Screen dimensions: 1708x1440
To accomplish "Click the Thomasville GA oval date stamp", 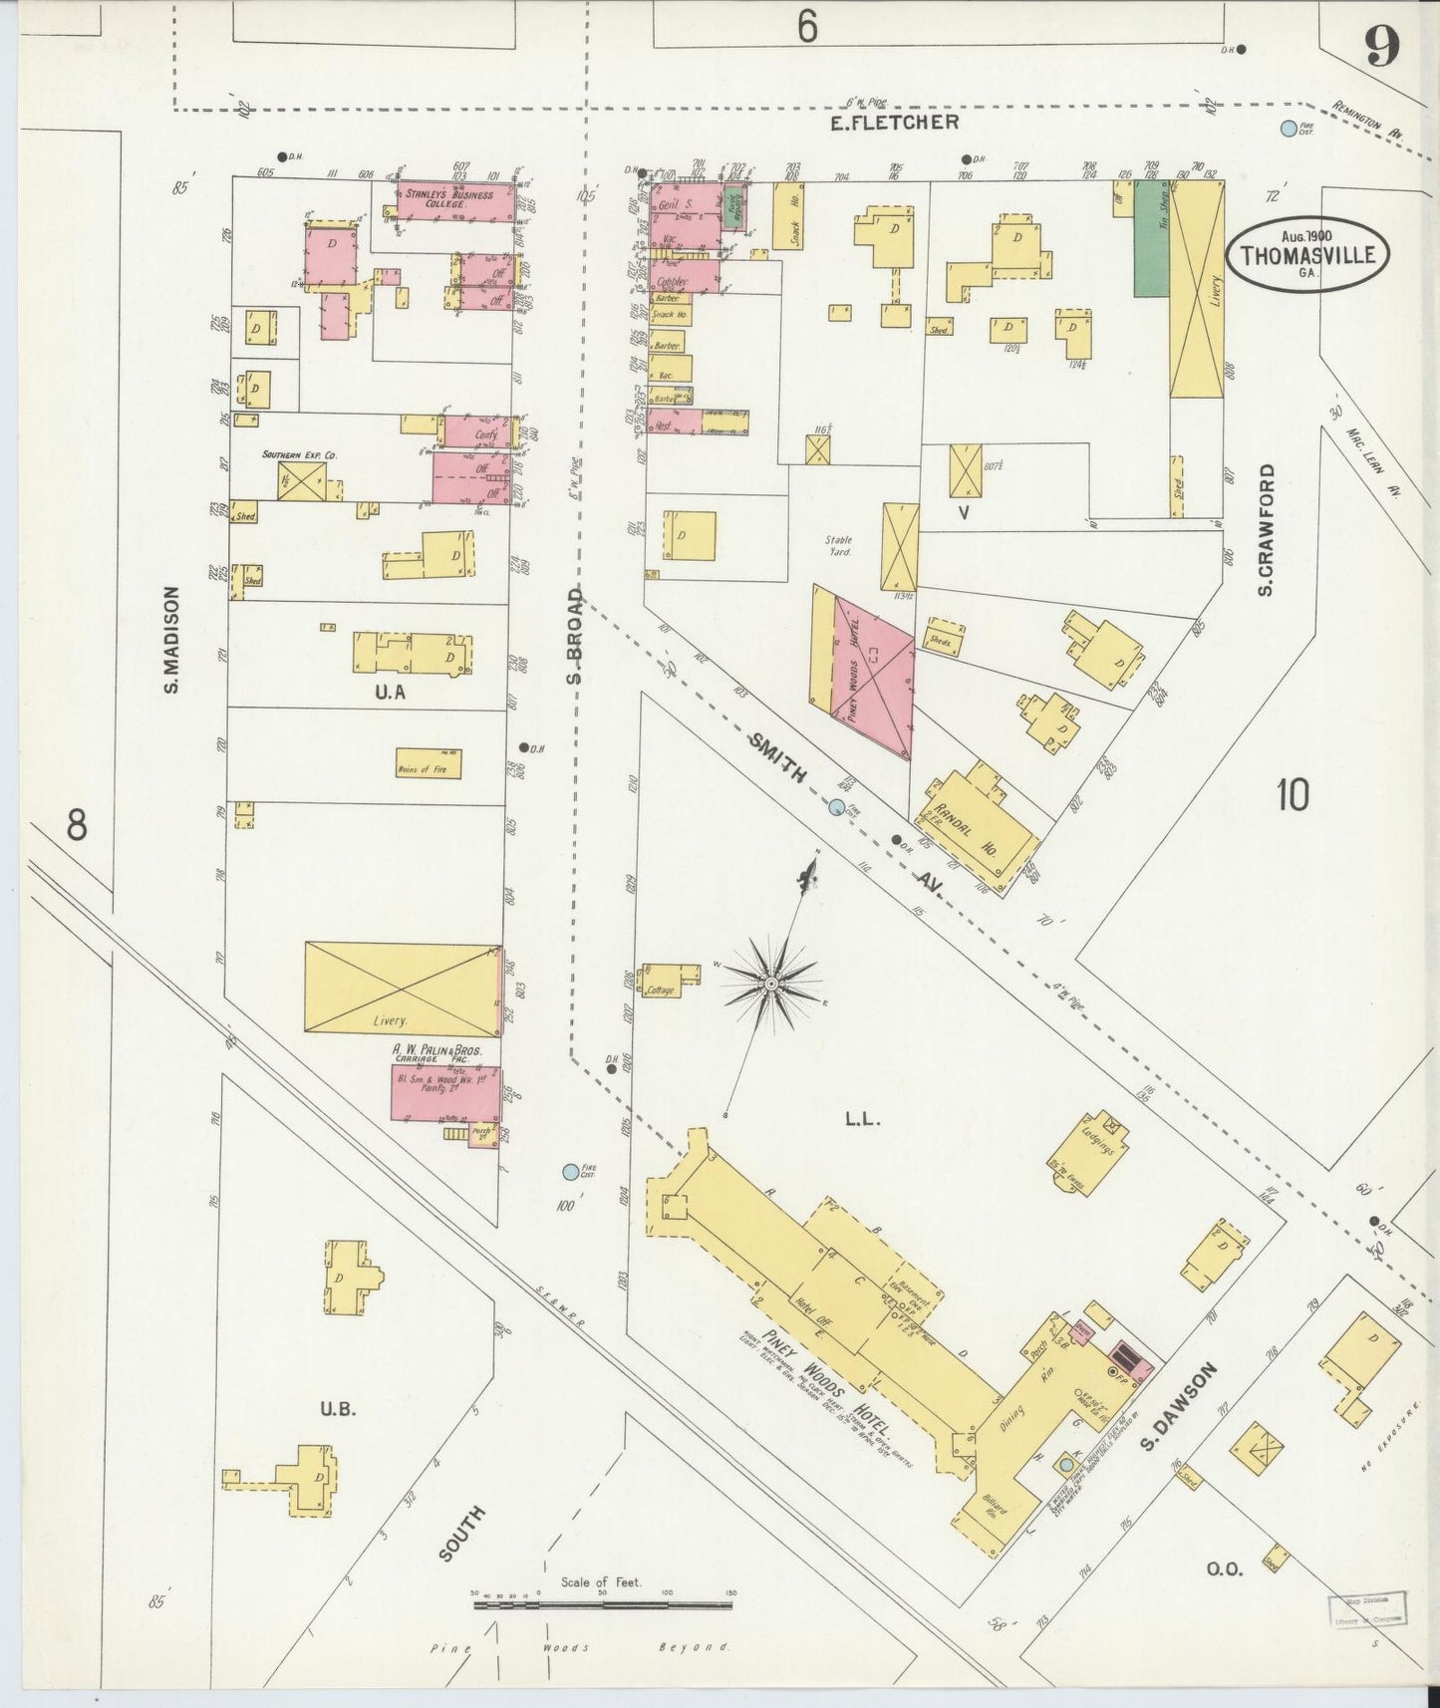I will click(x=1306, y=256).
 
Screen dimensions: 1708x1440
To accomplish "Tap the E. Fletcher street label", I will click(x=895, y=123).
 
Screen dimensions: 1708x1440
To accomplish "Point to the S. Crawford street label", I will click(x=1267, y=530).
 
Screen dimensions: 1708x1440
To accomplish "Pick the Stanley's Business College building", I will click(x=455, y=199).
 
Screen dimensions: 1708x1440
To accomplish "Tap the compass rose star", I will click(x=771, y=984).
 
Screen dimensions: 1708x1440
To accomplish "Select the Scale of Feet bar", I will click(x=602, y=1604).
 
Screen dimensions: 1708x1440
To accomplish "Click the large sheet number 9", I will click(x=1383, y=47).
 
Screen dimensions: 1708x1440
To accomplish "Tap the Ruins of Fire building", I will click(x=428, y=764).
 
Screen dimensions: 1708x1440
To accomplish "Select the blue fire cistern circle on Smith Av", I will click(x=837, y=805).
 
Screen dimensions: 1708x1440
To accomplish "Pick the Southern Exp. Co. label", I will click(x=300, y=454).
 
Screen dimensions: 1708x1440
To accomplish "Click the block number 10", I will click(x=1293, y=795).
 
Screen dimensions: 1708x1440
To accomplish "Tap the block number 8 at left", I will click(x=76, y=825).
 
